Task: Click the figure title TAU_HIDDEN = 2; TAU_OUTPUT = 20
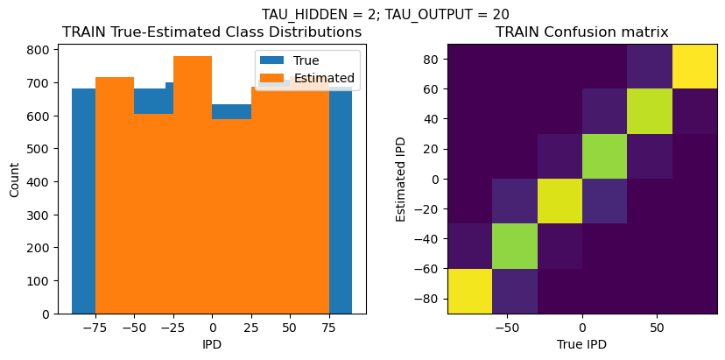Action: coord(385,14)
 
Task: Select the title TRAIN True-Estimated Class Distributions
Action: coord(212,32)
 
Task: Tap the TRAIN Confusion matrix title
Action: coord(581,32)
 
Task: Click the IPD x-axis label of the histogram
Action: coord(212,344)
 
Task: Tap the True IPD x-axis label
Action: coord(581,344)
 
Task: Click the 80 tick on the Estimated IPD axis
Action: coord(429,59)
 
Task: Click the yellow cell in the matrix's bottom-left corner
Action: coord(469,291)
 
